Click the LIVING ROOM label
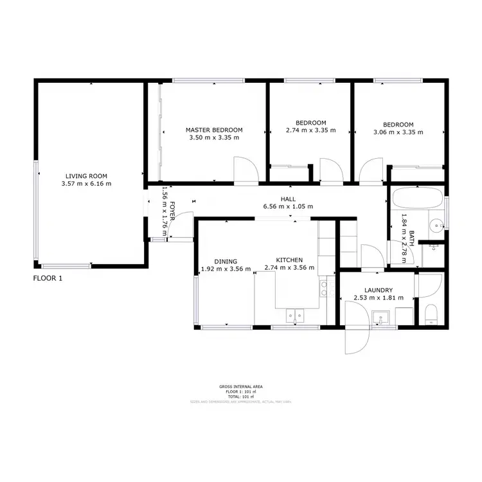pyautogui.click(x=85, y=175)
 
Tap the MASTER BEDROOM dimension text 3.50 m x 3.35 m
pyautogui.click(x=214, y=138)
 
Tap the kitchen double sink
pyautogui.click(x=296, y=316)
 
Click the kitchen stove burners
pyautogui.click(x=325, y=289)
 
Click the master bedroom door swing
pyautogui.click(x=245, y=170)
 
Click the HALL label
pyautogui.click(x=288, y=199)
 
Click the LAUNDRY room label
pyautogui.click(x=379, y=290)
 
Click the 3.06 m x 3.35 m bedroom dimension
pyautogui.click(x=398, y=132)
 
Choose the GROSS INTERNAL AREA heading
pyautogui.click(x=240, y=387)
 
